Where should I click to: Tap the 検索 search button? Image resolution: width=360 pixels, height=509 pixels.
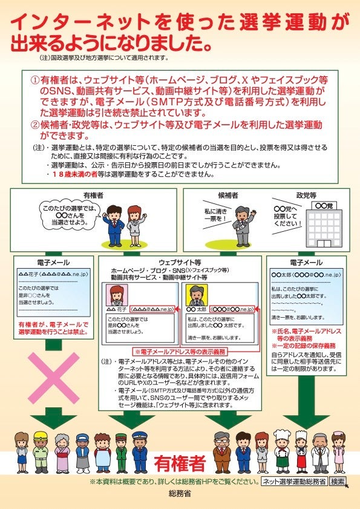pos(338,482)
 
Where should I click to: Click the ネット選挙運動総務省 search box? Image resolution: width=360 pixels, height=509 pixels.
pos(295,482)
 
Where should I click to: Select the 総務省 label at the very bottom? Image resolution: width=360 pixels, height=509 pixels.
pos(180,494)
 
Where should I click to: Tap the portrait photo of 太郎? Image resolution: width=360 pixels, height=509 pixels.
pos(195,296)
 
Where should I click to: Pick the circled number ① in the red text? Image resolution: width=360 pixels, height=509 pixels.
pos(35,80)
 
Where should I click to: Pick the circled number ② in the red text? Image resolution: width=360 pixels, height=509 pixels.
pos(35,125)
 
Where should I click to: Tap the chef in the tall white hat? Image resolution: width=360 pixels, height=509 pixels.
pos(283,451)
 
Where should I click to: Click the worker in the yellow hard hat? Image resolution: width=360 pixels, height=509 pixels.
pos(41,451)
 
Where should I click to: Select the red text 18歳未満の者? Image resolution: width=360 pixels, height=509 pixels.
pos(76,174)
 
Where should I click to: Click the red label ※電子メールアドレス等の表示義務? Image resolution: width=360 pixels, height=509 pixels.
pos(179,351)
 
